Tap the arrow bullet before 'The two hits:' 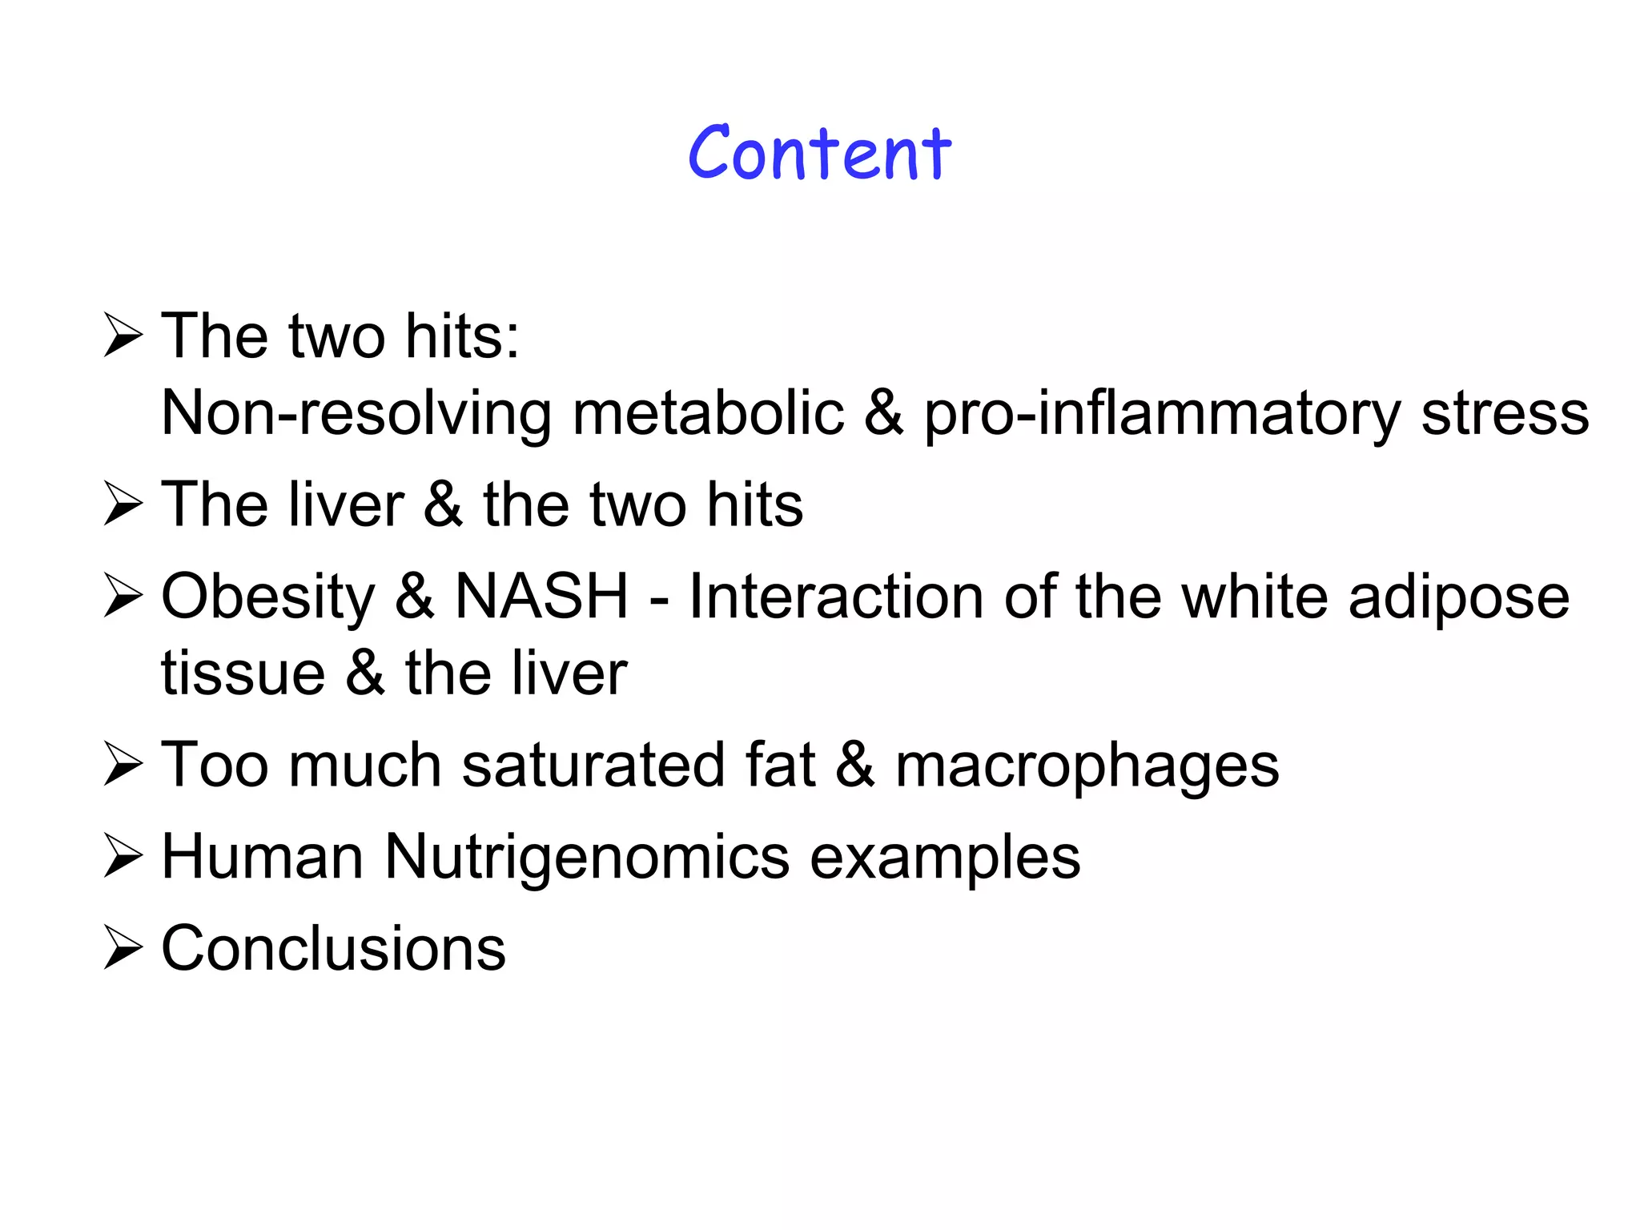click(x=123, y=336)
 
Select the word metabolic click(x=708, y=414)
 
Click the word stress click(x=1505, y=414)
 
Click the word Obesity click(x=268, y=597)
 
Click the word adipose click(x=1458, y=597)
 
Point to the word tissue click(x=243, y=673)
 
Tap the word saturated click(x=593, y=765)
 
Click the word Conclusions click(x=333, y=948)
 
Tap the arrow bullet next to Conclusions click(x=123, y=949)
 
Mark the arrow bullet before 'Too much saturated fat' click(x=123, y=765)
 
